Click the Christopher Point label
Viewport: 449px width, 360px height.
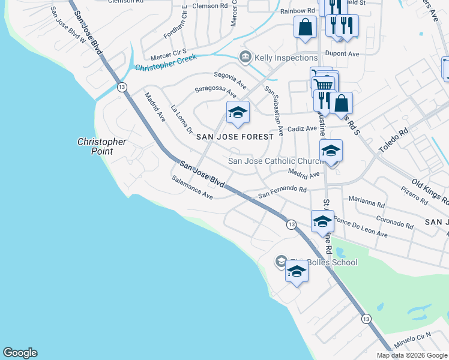point(101,146)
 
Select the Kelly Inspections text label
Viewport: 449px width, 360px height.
point(286,58)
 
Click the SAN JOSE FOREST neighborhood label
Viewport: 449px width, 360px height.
point(235,137)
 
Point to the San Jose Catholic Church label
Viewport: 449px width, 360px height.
point(277,161)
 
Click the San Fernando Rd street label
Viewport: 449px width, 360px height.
point(282,192)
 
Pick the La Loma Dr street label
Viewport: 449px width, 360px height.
point(181,120)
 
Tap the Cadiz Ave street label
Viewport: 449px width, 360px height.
point(302,128)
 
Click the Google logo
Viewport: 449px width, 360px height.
point(20,353)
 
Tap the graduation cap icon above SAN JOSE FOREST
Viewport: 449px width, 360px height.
point(238,113)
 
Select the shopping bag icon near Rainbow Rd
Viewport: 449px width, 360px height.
point(306,27)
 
